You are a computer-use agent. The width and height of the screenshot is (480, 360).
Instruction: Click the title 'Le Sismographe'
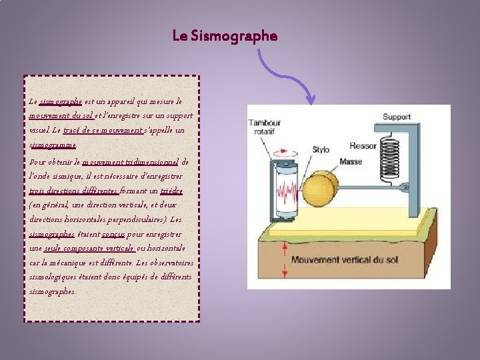coord(224,35)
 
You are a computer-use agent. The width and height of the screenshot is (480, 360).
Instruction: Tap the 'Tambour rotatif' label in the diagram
coord(265,127)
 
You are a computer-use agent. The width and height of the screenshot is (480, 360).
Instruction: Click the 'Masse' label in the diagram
coord(351,161)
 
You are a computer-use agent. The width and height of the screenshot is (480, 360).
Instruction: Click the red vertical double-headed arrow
coord(286,259)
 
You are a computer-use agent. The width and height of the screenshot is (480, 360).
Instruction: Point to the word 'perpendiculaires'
coord(139,219)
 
